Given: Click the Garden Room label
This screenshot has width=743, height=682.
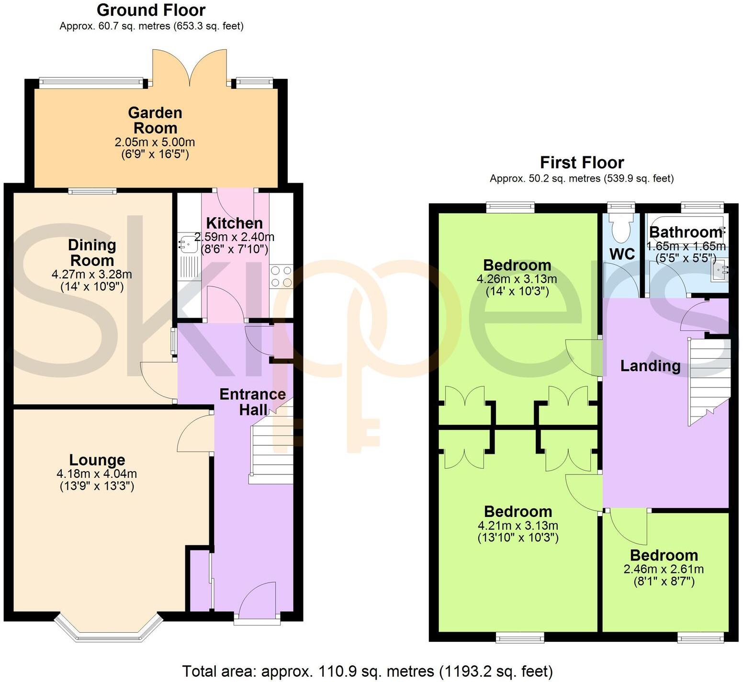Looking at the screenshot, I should [x=155, y=121].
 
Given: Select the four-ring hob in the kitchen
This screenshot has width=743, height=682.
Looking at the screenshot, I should [x=281, y=277].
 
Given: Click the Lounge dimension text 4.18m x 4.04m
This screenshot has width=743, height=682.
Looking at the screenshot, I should [x=97, y=474].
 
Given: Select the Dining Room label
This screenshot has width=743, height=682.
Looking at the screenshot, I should [x=92, y=253].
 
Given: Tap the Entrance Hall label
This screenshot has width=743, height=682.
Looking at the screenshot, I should [x=252, y=402].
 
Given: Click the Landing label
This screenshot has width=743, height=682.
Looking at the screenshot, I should [x=650, y=366].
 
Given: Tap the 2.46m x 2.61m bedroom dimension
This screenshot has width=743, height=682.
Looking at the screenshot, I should [x=664, y=569].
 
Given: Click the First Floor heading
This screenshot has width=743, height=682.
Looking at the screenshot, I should [x=582, y=163].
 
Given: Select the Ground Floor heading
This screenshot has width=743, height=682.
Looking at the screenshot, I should [x=151, y=10].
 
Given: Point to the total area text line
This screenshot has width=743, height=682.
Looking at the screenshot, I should [x=367, y=671].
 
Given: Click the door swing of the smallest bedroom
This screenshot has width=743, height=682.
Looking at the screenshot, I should [x=627, y=527].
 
